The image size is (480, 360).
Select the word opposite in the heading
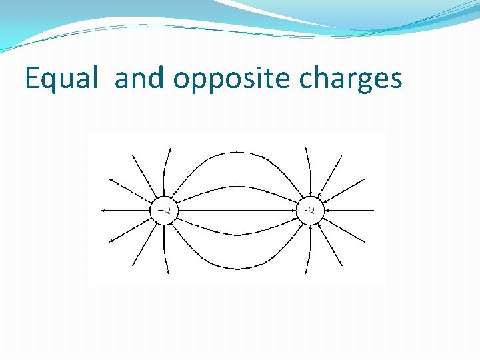pos(233,79)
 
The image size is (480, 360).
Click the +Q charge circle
pos(164,210)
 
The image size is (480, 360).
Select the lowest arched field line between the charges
pos(237,269)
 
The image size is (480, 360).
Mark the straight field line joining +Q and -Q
pos(237,210)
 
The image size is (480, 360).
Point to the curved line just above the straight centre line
pos(237,187)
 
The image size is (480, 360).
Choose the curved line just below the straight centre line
pos(237,234)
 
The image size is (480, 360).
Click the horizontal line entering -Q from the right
pos(353,210)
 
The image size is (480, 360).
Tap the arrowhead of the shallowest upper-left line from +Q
pos(111,179)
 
